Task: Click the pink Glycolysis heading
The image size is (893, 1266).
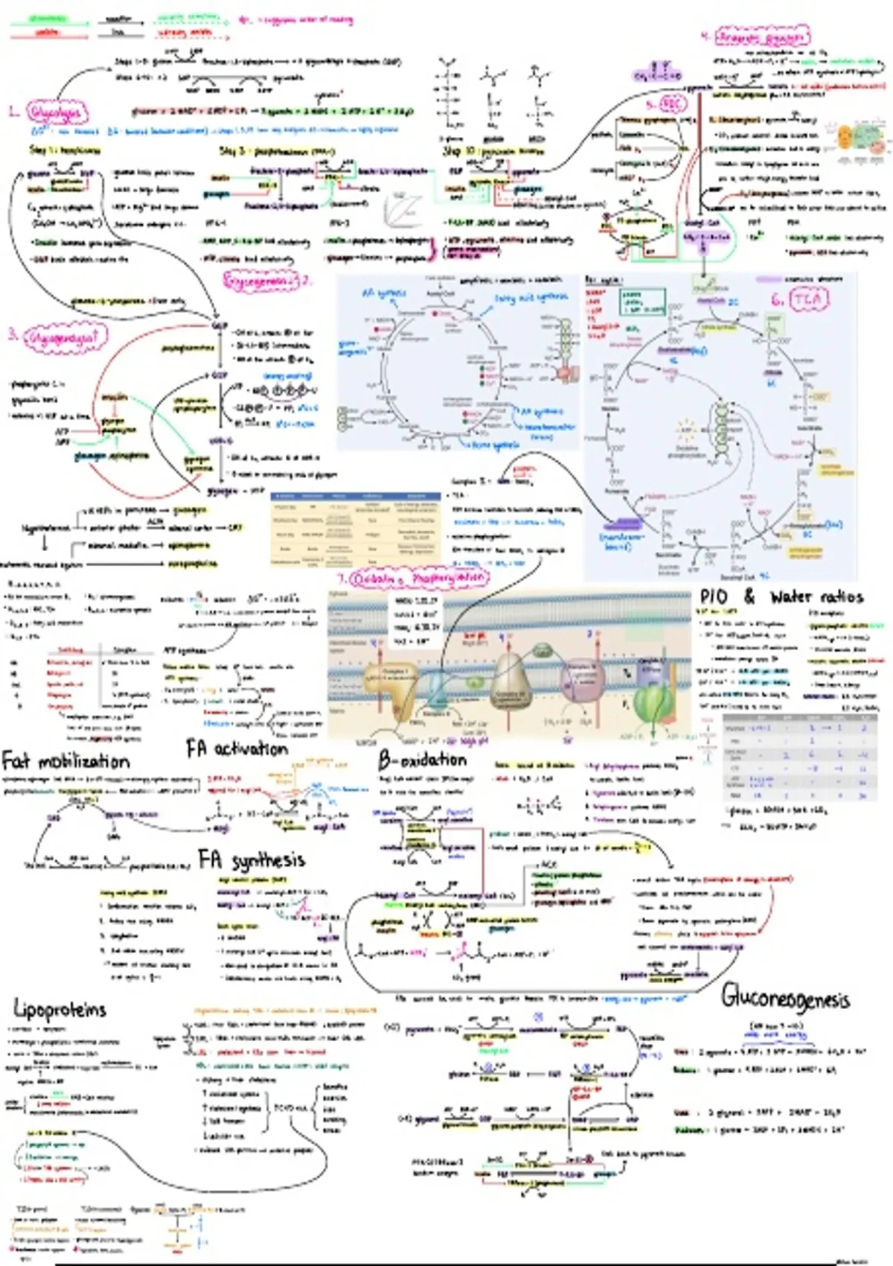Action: click(57, 112)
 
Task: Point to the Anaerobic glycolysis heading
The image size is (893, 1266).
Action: click(762, 36)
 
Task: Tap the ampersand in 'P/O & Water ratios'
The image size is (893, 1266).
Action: click(749, 597)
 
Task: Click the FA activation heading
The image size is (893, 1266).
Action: click(237, 748)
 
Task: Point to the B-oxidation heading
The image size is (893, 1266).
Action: click(422, 760)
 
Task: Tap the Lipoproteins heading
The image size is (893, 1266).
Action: click(60, 1009)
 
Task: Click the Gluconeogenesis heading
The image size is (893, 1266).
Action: click(785, 997)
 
